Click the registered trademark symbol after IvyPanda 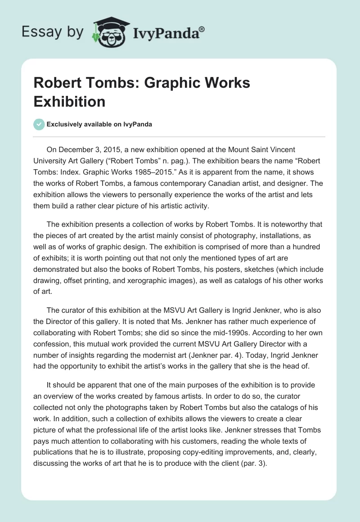pyautogui.click(x=202, y=30)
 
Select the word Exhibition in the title pyautogui.click(x=69, y=101)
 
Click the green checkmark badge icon pyautogui.click(x=39, y=124)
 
